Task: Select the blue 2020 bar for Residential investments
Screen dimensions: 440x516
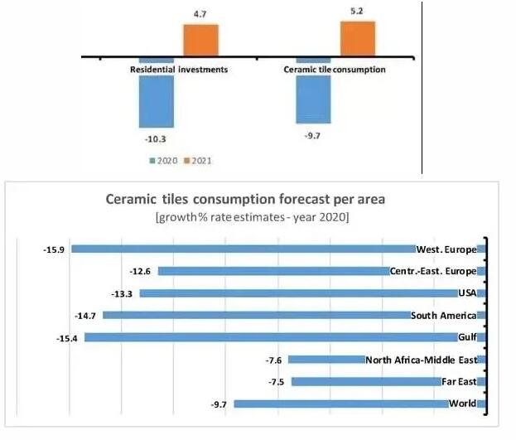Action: pos(157,95)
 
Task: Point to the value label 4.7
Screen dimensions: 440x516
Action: pos(200,14)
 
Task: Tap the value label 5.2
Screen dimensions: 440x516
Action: pos(357,12)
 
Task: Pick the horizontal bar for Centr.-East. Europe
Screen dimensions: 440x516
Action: pos(273,271)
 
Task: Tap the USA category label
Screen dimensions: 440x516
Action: pos(469,293)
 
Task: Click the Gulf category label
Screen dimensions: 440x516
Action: pos(468,337)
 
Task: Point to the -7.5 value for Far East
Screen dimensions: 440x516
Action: pos(277,381)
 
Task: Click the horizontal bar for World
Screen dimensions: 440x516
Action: pos(340,404)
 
